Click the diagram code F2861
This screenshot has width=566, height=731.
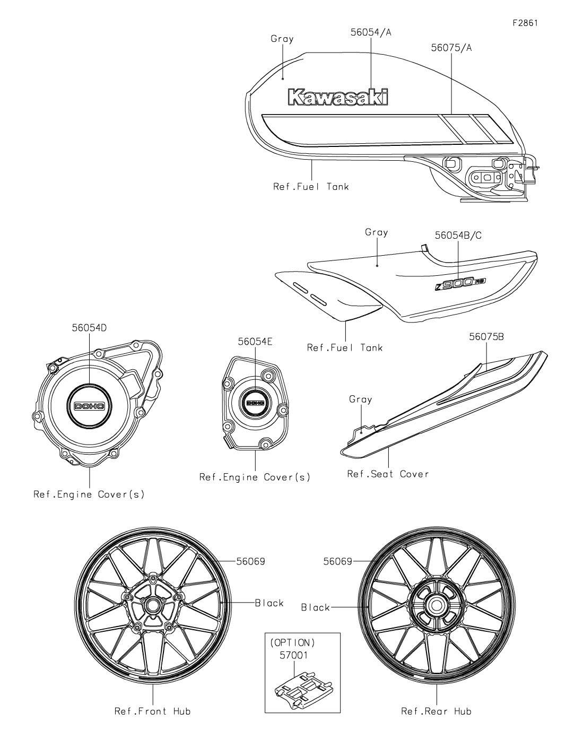coord(525,23)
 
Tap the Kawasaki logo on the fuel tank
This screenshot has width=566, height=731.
coord(338,97)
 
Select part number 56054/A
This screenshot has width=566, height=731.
coord(371,32)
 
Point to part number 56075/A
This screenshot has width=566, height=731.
coord(451,48)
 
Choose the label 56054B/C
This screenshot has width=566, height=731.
coord(458,236)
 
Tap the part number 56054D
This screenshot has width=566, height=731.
coord(89,328)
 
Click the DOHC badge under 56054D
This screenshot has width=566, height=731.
coord(89,406)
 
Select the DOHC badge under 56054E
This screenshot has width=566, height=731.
coord(256,403)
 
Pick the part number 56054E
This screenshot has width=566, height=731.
coord(255,342)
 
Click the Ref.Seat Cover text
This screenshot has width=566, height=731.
coord(388,474)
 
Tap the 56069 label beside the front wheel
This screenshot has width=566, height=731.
coord(250,561)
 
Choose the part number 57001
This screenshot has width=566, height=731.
coord(293,655)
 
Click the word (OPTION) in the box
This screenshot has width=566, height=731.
coord(293,642)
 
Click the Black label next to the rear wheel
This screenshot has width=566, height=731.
coord(316,607)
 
